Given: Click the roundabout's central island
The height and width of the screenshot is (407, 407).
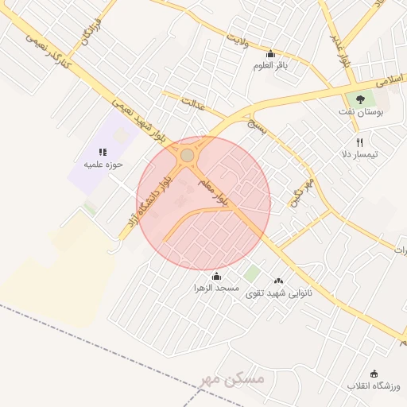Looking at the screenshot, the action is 188,155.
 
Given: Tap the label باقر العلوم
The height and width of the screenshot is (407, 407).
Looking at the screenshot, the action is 270,65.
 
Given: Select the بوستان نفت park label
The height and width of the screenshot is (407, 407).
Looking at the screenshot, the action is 365,113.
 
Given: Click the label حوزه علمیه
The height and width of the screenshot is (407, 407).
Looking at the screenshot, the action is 101,165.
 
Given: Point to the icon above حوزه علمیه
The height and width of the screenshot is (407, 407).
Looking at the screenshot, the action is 102,151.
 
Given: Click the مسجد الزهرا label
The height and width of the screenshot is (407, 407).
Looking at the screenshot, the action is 217,288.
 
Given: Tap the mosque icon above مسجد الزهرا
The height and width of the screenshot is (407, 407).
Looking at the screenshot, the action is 217,276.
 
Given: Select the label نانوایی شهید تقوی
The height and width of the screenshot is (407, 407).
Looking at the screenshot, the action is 279,293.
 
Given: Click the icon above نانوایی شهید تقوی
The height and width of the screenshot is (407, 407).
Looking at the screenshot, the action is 278,281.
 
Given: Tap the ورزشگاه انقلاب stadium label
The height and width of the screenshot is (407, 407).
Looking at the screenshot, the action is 374,386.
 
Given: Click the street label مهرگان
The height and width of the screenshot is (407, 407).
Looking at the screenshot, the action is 303,193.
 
